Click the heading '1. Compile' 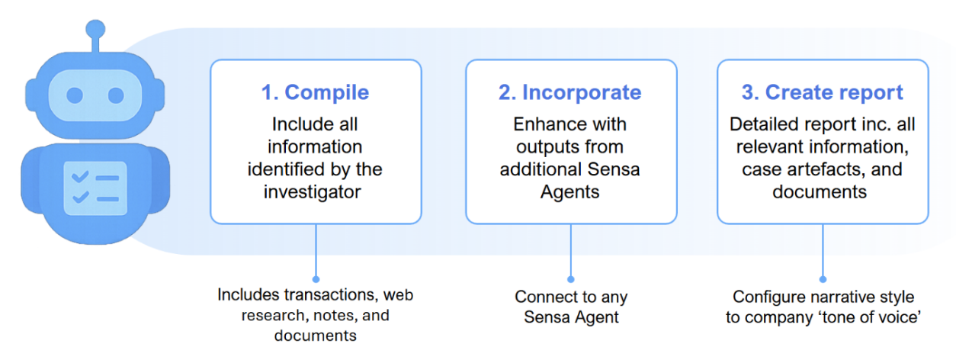click(x=315, y=92)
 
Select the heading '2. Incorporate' click(x=570, y=92)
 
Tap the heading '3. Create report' click(x=822, y=92)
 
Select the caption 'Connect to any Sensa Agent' click(x=570, y=307)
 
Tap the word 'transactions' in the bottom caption click(x=331, y=294)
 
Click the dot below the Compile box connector click(x=316, y=279)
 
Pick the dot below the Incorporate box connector click(x=570, y=279)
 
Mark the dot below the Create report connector click(x=822, y=279)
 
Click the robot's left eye click(x=75, y=95)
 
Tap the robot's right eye click(x=115, y=95)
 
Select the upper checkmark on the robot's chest click(x=79, y=178)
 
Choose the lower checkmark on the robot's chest click(x=79, y=198)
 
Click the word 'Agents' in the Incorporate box click(x=570, y=191)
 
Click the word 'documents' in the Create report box click(x=820, y=191)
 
